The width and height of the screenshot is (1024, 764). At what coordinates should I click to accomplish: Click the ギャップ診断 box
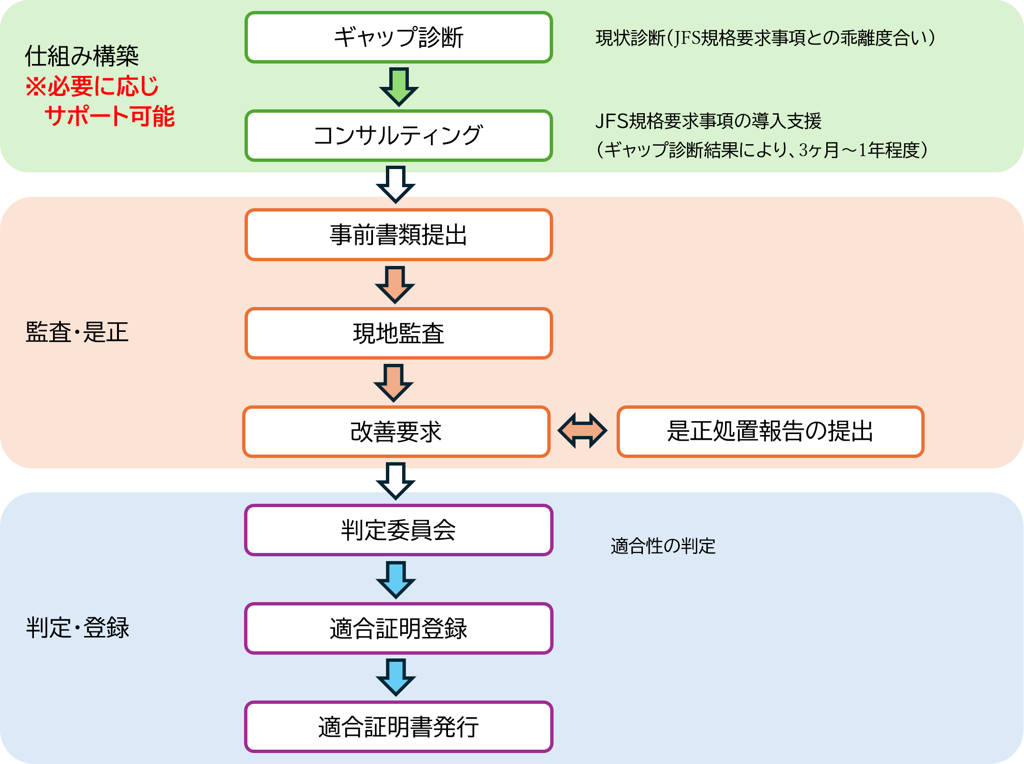click(399, 37)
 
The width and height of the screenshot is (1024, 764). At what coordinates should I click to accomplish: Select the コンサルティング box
click(399, 136)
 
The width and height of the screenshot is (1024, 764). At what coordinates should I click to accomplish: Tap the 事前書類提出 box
click(399, 235)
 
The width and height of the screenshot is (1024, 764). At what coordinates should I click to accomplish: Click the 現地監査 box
click(399, 333)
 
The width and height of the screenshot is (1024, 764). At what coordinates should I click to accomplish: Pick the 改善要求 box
click(396, 432)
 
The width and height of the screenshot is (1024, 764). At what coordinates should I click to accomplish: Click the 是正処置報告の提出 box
click(770, 432)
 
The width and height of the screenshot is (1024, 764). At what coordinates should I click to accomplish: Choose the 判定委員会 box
click(399, 530)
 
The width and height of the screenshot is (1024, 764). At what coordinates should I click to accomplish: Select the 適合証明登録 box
click(399, 628)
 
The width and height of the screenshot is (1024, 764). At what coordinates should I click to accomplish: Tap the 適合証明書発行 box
click(399, 727)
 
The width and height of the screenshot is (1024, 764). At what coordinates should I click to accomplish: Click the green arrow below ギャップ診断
click(399, 86)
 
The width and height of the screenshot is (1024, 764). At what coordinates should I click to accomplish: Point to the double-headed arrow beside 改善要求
click(583, 431)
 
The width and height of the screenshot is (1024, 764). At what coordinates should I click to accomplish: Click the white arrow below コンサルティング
click(396, 184)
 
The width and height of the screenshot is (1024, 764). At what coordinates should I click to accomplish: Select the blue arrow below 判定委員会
click(396, 579)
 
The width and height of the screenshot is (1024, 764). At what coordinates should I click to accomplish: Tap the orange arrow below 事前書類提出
click(395, 284)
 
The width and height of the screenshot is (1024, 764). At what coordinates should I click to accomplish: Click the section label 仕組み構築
click(82, 56)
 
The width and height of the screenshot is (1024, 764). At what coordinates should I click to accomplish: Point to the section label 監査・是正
click(77, 332)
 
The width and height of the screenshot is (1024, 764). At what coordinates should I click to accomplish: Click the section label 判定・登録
click(77, 628)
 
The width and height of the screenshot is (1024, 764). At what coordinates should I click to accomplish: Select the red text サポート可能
click(110, 117)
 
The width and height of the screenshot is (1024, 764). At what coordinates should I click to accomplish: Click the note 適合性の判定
click(663, 546)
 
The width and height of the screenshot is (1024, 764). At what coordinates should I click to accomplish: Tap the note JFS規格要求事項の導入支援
click(708, 121)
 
